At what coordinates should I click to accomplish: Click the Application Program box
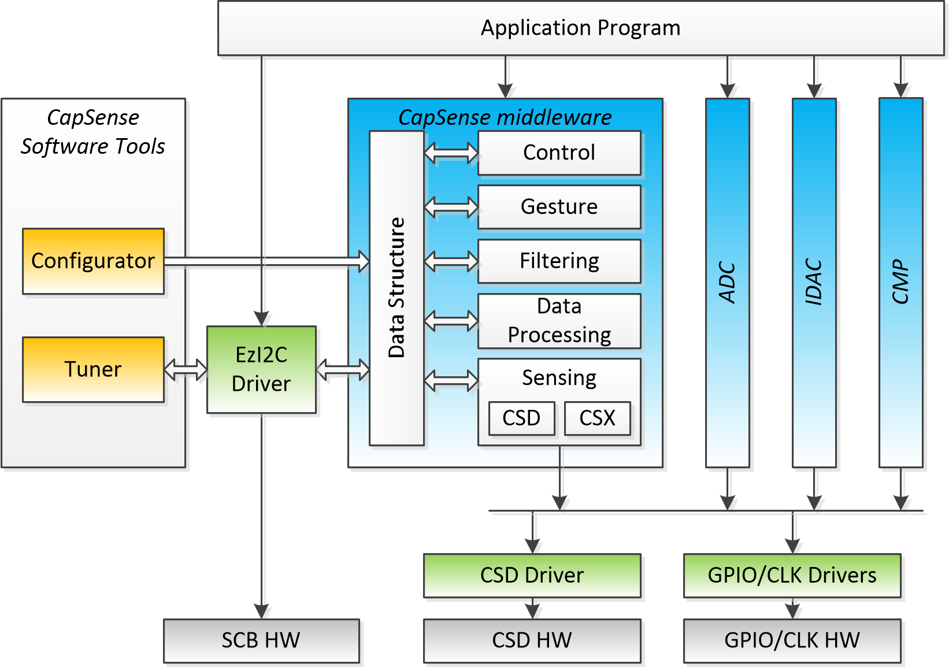click(580, 28)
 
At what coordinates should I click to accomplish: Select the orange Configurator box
click(93, 261)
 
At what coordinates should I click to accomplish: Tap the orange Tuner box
click(93, 369)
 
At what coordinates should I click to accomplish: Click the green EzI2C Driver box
click(261, 369)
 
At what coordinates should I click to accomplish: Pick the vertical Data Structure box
click(396, 288)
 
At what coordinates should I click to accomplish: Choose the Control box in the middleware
click(559, 153)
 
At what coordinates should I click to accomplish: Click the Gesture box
click(559, 207)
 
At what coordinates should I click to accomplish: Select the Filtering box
click(559, 261)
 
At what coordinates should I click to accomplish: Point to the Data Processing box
click(559, 321)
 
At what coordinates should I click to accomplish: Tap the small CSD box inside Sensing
click(521, 418)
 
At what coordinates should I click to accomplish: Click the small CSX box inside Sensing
click(597, 418)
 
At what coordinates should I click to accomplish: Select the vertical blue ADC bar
click(727, 282)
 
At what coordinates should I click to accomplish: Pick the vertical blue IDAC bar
click(814, 282)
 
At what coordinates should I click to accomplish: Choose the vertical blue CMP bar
click(900, 282)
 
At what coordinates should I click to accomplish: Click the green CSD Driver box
click(532, 576)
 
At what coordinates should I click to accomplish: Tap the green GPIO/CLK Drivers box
click(792, 576)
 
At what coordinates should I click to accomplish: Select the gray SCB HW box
click(261, 640)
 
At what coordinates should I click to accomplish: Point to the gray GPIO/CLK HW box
click(792, 640)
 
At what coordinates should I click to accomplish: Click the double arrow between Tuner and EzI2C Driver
click(186, 369)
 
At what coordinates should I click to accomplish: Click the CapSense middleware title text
click(505, 117)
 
